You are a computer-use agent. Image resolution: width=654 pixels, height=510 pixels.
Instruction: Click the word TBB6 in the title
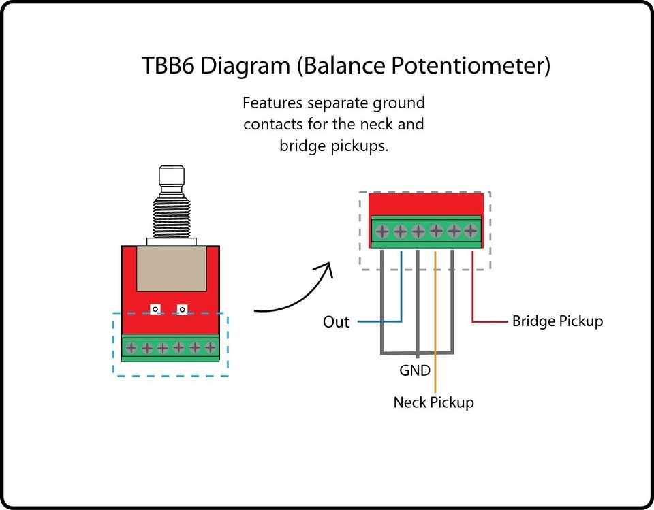168,66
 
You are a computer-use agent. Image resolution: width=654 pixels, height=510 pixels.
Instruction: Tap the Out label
336,322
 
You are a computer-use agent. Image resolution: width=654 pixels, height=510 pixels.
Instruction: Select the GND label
415,370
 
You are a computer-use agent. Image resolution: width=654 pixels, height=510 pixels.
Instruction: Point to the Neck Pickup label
434,402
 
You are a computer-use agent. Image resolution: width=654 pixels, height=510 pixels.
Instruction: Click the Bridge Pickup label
558,321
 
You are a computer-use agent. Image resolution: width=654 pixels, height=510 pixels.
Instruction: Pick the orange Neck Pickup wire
435,322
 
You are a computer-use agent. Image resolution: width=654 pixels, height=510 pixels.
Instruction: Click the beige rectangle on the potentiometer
172,268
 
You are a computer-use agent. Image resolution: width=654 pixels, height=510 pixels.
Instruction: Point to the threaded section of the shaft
172,217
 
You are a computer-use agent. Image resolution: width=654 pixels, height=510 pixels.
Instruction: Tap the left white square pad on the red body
155,309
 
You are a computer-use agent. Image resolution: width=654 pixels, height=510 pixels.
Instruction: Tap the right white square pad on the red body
182,309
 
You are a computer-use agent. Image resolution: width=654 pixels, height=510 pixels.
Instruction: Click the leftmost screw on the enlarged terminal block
382,231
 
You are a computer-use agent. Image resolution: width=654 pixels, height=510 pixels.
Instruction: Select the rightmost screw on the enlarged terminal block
471,231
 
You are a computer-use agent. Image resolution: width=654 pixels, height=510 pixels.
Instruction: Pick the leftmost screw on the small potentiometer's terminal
131,347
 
